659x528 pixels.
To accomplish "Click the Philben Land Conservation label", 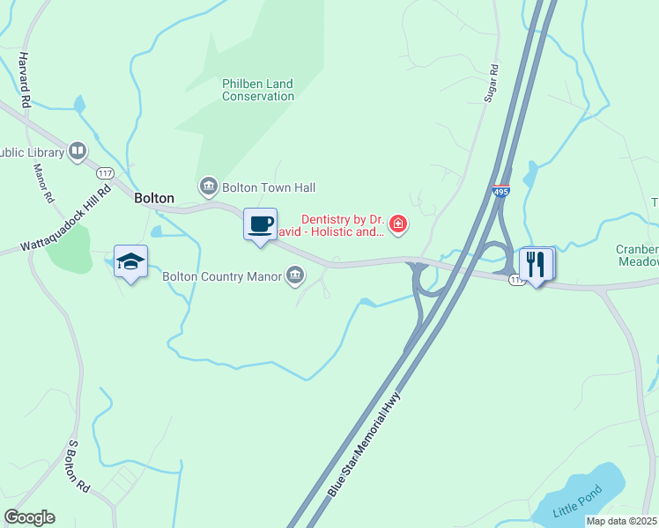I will coord(257,90).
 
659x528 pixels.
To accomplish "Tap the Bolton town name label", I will coord(154,199).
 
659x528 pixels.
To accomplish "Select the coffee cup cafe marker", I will coord(260,224).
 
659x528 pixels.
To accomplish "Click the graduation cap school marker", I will coord(130,261).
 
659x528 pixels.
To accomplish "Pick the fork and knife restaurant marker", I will coord(536,263).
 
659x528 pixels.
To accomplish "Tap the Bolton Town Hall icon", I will coord(209,187).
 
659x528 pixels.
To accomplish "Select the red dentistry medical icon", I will coord(398,225).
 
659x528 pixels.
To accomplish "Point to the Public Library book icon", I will coord(78,152).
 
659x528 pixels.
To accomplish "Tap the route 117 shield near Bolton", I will coord(106,172).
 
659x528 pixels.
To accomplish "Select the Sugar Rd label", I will coord(492,84).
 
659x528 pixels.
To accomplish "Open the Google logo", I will coord(29,517).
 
